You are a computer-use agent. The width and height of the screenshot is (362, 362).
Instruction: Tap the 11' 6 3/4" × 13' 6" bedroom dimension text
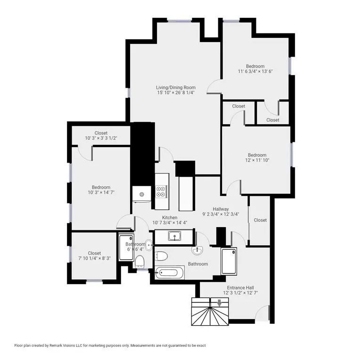tap(255, 72)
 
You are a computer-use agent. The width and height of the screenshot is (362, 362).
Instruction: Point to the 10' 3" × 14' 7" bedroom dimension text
tap(101, 192)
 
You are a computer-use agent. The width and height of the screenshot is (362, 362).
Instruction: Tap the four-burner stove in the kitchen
tap(161, 191)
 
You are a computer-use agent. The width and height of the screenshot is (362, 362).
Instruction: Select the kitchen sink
tap(174, 236)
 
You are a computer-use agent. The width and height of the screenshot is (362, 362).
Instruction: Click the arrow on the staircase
tap(220, 303)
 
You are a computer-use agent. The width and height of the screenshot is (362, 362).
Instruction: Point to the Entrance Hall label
tap(240, 287)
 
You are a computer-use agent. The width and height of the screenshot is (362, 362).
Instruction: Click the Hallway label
tap(221, 209)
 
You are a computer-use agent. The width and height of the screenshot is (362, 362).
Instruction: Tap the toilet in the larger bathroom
tap(161, 256)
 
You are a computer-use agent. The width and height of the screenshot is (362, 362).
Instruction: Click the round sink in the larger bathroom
tap(197, 250)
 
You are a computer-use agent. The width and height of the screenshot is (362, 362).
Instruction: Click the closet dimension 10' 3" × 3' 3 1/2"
tap(101, 138)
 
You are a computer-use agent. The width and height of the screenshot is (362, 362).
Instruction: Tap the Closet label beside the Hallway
tap(260, 220)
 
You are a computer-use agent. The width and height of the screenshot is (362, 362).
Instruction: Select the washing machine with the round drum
tap(141, 194)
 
